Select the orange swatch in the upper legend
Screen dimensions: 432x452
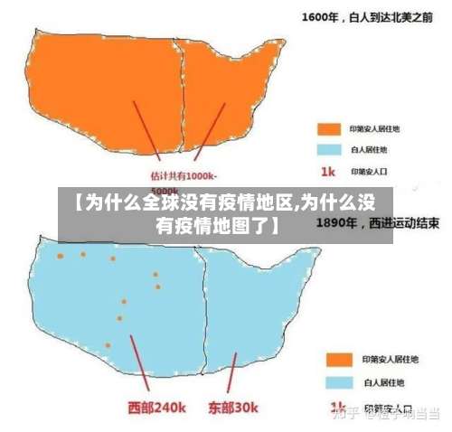click(x=326, y=127)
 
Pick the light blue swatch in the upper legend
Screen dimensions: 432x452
click(x=326, y=148)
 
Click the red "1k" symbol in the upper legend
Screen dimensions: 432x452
click(x=326, y=170)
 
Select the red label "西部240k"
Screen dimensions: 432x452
click(x=156, y=406)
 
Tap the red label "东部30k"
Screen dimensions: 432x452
click(x=234, y=406)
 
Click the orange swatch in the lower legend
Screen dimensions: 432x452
click(x=338, y=359)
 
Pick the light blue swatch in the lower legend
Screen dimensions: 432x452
click(x=338, y=380)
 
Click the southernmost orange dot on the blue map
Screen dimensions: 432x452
click(x=108, y=344)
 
